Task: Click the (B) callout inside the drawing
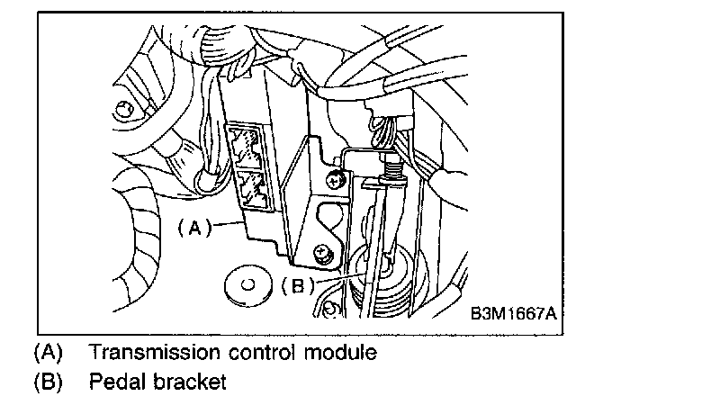[297, 287]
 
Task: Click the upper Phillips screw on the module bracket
[336, 180]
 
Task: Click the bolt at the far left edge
[123, 111]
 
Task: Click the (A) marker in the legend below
[47, 351]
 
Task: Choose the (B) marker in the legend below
[47, 382]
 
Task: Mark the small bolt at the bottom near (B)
[330, 311]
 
